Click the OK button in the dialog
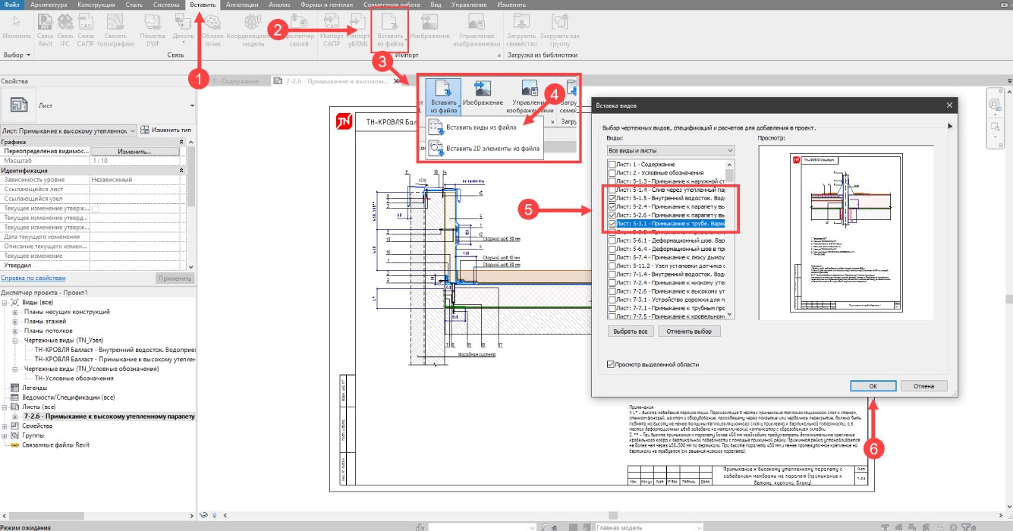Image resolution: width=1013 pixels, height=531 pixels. [873, 386]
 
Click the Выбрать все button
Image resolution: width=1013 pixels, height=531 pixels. [631, 331]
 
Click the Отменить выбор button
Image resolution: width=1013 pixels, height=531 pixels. [689, 331]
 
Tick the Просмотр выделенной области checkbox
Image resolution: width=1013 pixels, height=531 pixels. [612, 365]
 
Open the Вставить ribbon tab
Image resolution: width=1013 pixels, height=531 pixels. [203, 5]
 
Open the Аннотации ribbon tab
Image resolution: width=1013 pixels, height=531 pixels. [242, 5]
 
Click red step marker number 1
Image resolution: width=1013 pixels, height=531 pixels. [199, 78]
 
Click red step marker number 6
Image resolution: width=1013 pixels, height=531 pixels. [874, 448]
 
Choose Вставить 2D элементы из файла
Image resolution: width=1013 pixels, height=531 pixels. [492, 149]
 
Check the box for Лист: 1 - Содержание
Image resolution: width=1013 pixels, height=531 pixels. [612, 165]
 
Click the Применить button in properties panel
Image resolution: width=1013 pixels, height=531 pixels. [175, 278]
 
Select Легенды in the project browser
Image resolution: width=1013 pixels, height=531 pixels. [36, 388]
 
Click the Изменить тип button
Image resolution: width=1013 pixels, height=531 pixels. [171, 130]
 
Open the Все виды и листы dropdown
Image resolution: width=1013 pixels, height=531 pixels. [671, 151]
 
